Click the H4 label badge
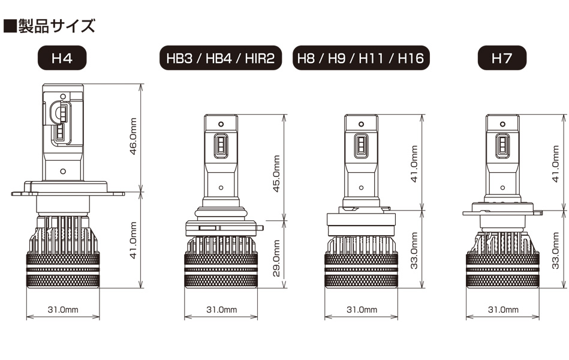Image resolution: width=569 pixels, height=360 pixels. (62, 58)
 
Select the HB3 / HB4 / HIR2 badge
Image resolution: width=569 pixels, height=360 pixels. (221, 58)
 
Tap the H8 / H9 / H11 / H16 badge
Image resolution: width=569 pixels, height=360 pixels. (361, 58)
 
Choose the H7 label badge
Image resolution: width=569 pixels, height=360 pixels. (502, 58)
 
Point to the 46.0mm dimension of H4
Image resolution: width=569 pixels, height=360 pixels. (133, 136)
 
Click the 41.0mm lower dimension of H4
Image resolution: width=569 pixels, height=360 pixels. (133, 240)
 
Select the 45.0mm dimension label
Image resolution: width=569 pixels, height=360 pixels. (276, 173)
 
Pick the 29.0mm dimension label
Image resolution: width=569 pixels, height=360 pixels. (276, 258)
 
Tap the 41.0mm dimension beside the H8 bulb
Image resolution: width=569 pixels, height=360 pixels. (414, 163)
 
